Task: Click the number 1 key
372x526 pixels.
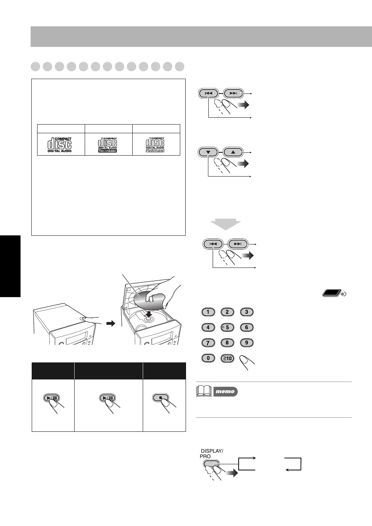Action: point(208,312)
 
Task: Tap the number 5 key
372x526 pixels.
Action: point(227,327)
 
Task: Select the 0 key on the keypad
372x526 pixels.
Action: point(208,358)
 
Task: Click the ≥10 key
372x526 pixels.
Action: point(227,358)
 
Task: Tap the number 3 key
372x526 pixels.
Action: point(247,312)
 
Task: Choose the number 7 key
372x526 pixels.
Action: point(208,343)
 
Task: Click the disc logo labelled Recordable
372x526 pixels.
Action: point(108,145)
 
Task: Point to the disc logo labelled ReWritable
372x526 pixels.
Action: point(155,145)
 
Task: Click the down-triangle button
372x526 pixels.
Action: point(208,152)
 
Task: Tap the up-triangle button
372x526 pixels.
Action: point(233,152)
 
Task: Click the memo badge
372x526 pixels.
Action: point(225,391)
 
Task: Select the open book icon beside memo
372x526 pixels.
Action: point(204,391)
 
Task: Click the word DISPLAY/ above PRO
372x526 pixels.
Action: point(212,451)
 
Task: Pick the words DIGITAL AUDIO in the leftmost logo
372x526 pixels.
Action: point(59,151)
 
